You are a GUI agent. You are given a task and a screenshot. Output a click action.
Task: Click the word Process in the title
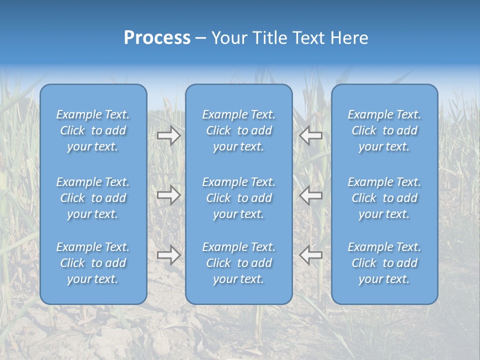[157, 38]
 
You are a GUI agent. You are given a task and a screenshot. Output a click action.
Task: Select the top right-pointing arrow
[169, 135]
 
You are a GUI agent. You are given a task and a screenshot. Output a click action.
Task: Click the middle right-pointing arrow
[169, 195]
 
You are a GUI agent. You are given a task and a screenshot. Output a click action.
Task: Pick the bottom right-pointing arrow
[169, 255]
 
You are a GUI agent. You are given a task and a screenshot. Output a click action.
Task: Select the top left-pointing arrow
[310, 135]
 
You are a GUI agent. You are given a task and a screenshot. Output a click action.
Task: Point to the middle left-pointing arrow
[310, 195]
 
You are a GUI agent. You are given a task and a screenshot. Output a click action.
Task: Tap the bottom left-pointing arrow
[310, 255]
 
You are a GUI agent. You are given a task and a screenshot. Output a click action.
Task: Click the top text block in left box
[93, 130]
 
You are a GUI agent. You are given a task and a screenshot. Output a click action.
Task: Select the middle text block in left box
[93, 198]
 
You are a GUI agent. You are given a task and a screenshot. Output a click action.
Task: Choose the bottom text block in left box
[93, 263]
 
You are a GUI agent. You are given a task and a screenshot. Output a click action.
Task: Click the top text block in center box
[238, 130]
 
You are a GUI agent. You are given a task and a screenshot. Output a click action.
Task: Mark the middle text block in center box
[238, 198]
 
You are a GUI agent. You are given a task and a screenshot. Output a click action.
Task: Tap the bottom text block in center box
[238, 263]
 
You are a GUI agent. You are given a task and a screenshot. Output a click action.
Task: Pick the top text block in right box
[384, 130]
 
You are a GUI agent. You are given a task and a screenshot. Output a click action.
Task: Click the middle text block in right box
[384, 198]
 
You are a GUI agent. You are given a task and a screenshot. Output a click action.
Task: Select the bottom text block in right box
[384, 263]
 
